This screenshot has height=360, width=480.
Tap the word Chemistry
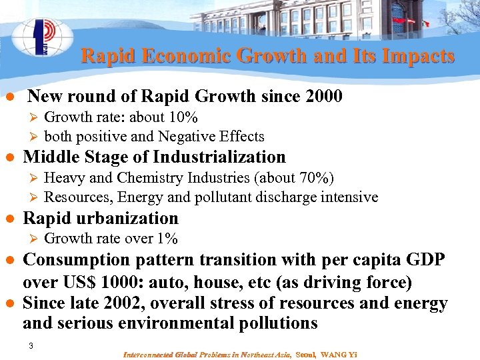[x=149, y=178]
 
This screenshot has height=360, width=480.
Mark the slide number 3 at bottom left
[x=31, y=346]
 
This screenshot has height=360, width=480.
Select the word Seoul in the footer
[x=305, y=354]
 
